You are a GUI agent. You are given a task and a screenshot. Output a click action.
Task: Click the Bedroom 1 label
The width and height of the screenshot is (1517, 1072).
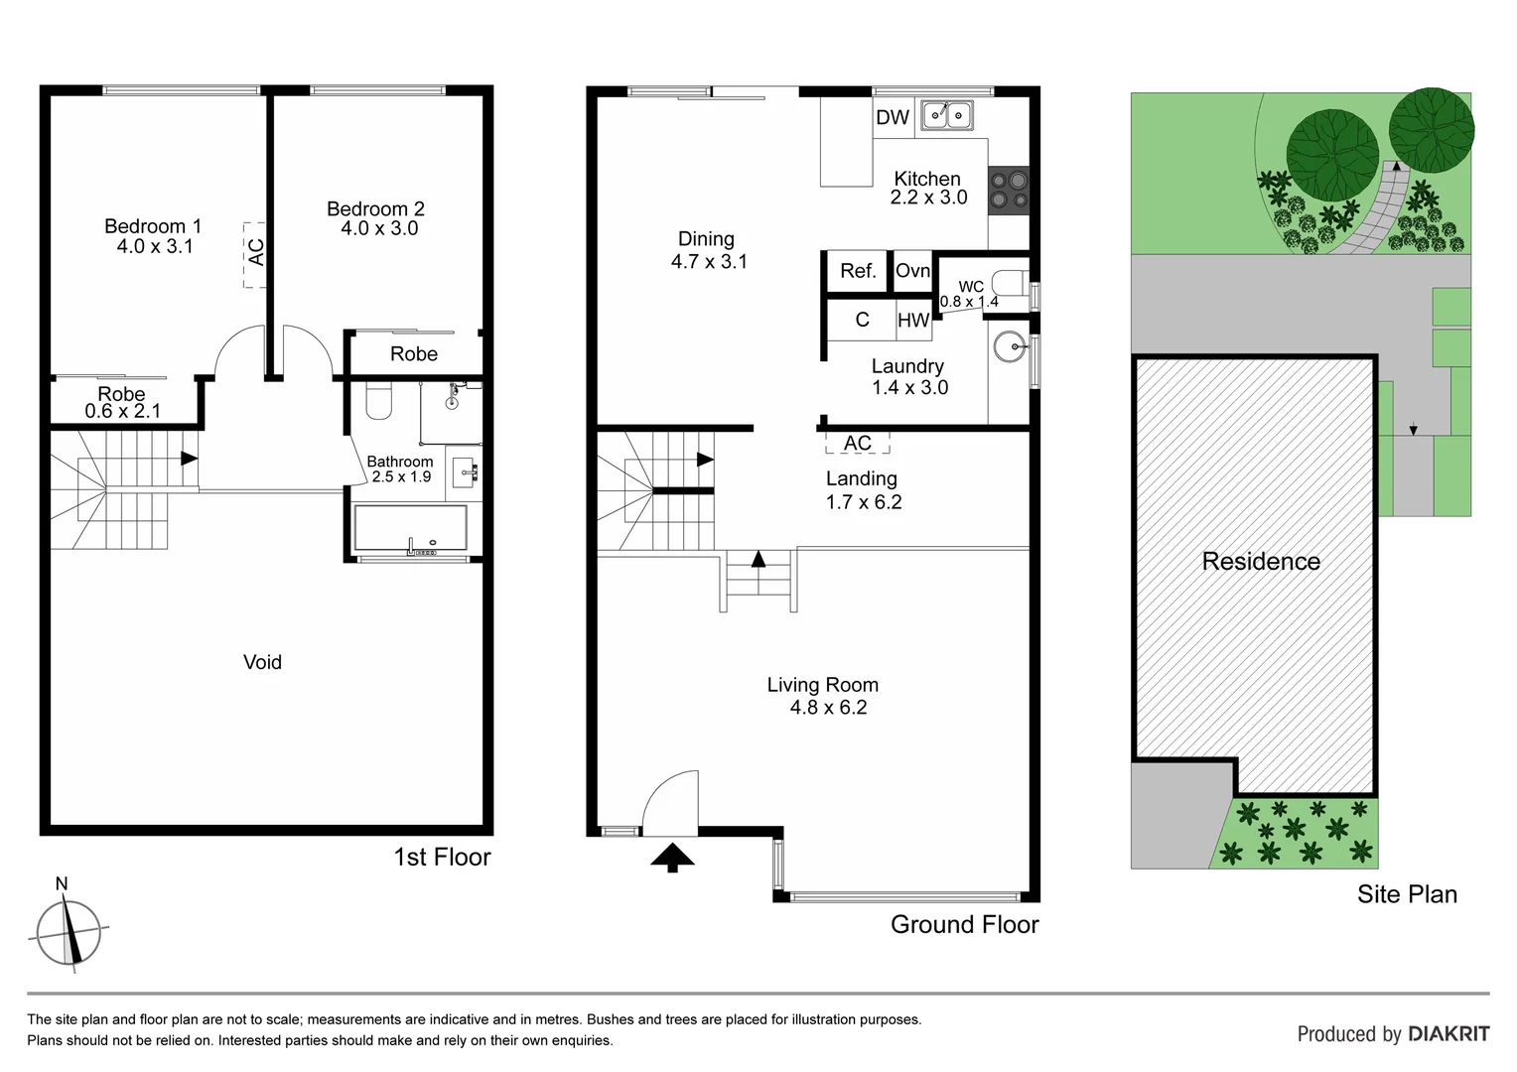[153, 226]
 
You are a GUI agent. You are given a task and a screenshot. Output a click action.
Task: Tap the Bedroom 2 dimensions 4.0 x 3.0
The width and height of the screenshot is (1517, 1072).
[379, 228]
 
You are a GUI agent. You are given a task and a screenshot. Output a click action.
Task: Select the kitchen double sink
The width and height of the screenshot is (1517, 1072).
[947, 116]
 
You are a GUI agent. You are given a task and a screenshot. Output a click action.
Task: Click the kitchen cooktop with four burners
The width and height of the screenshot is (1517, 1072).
[1008, 190]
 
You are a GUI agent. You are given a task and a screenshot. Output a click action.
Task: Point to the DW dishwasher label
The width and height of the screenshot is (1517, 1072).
[893, 117]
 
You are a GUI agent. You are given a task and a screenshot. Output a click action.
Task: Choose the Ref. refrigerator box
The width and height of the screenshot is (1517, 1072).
[858, 271]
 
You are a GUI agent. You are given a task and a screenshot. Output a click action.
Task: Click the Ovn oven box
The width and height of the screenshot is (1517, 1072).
[912, 271]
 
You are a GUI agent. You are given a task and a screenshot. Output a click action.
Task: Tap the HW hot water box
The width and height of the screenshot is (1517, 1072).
[913, 320]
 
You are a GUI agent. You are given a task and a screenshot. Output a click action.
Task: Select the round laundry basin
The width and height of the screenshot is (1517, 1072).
[1010, 346]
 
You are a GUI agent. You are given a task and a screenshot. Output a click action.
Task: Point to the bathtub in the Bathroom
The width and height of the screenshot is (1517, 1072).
[410, 528]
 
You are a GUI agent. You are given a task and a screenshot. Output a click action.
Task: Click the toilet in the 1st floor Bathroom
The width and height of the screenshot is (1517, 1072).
[379, 399]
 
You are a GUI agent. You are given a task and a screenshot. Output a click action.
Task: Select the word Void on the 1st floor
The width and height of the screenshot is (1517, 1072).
[262, 662]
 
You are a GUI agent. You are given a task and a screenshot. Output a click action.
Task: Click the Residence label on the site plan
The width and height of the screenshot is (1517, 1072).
[1260, 562]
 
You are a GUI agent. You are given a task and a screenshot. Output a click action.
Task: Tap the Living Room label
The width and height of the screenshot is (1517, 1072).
[822, 685]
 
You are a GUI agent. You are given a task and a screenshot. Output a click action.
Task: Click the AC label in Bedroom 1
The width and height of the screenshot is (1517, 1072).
[255, 253]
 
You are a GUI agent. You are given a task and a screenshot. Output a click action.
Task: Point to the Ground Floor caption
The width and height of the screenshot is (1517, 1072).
[964, 924]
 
